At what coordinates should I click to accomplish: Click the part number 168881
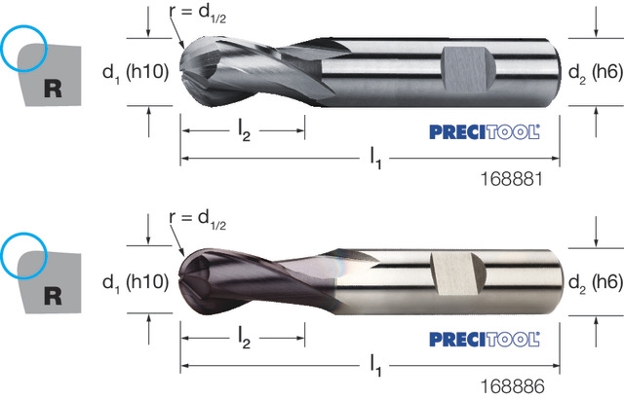pyautogui.click(x=512, y=179)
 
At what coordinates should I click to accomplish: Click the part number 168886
pyautogui.click(x=513, y=386)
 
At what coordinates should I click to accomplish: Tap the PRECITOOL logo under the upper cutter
pyautogui.click(x=485, y=132)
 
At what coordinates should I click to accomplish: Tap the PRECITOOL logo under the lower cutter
pyautogui.click(x=485, y=340)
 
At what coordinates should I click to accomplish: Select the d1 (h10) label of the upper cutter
pyautogui.click(x=136, y=73)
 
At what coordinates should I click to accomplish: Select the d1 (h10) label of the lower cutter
pyautogui.click(x=136, y=282)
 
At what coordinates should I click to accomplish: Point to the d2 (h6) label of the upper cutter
pyautogui.click(x=596, y=73)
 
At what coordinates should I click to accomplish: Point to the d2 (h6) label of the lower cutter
pyautogui.click(x=596, y=282)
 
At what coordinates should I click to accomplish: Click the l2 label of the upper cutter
pyautogui.click(x=244, y=131)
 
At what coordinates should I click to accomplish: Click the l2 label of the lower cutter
pyautogui.click(x=244, y=339)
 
